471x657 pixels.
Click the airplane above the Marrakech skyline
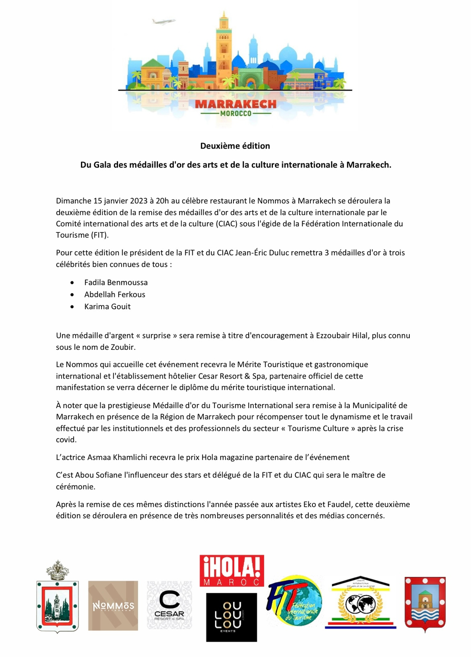(163, 21)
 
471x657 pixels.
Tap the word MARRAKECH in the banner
(235, 104)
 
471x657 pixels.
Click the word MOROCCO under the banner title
(235, 113)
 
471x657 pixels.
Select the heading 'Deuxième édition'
(235, 146)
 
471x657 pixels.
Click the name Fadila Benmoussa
(116, 283)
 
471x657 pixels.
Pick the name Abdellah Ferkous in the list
(115, 294)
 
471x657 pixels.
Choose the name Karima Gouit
(107, 306)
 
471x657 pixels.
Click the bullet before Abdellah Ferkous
(72, 294)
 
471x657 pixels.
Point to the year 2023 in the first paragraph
(139, 201)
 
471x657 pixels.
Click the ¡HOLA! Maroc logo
(232, 571)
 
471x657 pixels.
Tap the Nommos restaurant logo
(113, 606)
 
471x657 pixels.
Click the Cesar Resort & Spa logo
(169, 605)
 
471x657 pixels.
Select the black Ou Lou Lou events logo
(231, 617)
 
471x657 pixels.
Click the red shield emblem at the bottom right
(425, 602)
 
